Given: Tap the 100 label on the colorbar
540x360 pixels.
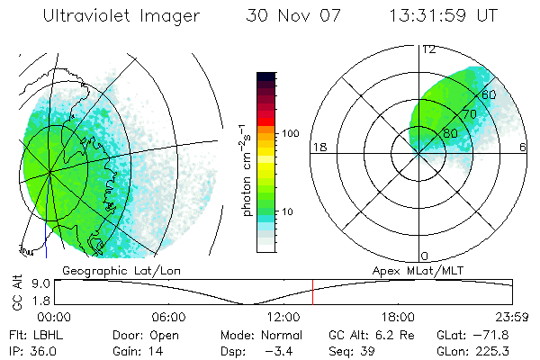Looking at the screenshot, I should point(290,133).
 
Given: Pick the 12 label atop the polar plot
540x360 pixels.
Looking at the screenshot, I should point(428,49).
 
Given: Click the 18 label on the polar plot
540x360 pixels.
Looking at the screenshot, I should point(319,147).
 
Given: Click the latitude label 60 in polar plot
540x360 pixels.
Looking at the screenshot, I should point(490,94).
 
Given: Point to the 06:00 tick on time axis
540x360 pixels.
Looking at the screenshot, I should point(169,317).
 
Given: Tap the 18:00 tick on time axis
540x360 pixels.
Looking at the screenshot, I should point(398,317).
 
